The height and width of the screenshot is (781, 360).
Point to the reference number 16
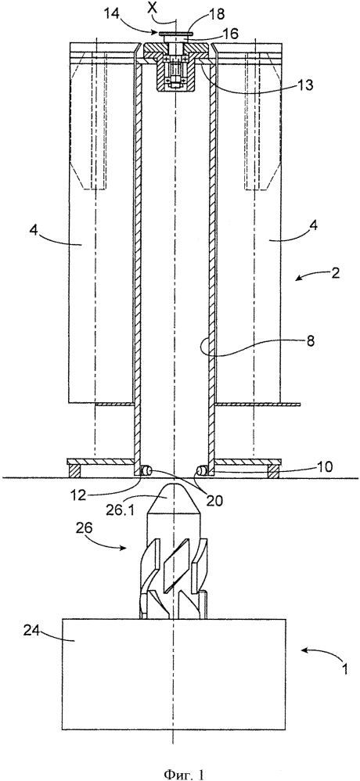click(231, 33)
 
